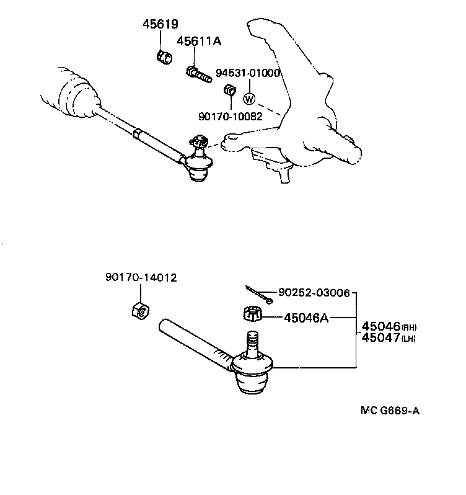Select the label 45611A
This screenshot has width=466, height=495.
pyautogui.click(x=199, y=41)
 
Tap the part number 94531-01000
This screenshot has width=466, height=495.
pyautogui.click(x=248, y=73)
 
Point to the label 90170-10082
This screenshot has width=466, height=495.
pyautogui.click(x=230, y=115)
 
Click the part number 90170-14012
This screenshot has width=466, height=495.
pyautogui.click(x=141, y=278)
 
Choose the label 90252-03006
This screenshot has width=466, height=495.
pyautogui.click(x=314, y=292)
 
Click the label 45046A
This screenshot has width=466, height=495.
pyautogui.click(x=306, y=318)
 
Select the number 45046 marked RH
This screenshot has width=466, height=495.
pyautogui.click(x=380, y=326)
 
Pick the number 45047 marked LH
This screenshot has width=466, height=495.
pyautogui.click(x=380, y=337)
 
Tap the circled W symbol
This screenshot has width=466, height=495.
pyautogui.click(x=249, y=99)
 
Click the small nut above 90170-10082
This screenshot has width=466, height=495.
pyautogui.click(x=228, y=91)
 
